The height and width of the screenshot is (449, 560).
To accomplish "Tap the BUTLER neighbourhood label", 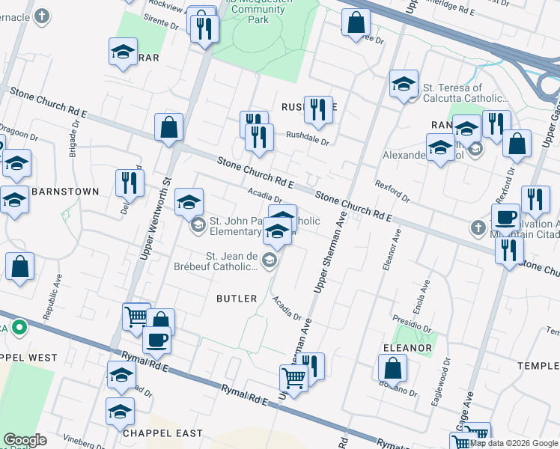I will pos(237,298).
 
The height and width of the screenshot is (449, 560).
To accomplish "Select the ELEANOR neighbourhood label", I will pos(407,348).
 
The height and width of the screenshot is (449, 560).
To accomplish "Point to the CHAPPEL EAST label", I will pos(163,433).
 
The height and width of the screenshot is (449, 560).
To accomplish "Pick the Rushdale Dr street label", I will pos(308,135).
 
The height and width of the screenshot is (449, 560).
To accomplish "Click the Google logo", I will pos(25,440).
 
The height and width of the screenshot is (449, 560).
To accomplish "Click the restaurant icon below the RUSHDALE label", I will pos(258,136).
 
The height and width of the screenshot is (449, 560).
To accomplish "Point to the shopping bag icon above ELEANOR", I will pos(392,367).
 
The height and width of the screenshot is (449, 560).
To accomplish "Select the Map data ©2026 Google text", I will pos(514,443).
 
